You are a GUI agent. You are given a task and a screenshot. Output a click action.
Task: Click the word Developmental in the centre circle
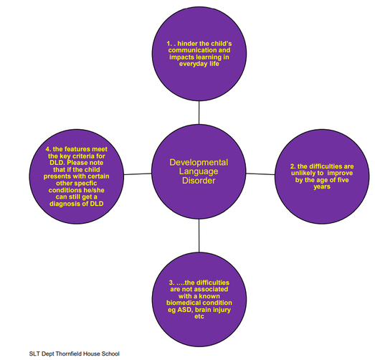pyautogui.click(x=199, y=163)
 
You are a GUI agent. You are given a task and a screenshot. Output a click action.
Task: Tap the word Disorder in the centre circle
pyautogui.click(x=199, y=181)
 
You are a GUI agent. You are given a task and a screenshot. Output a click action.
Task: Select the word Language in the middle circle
pyautogui.click(x=199, y=171)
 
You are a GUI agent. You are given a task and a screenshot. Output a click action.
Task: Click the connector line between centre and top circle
pyautogui.click(x=199, y=113)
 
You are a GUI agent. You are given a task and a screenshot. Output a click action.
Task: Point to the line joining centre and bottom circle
pyautogui.click(x=199, y=236)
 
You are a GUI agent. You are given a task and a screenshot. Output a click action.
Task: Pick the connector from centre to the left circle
pyautogui.click(x=138, y=174)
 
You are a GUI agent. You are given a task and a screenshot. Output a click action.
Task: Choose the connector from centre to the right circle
pyautogui.click(x=260, y=174)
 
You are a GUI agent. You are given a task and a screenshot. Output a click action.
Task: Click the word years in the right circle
pyautogui.click(x=322, y=187)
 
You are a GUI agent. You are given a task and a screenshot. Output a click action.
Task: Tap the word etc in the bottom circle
pyautogui.click(x=199, y=316)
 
